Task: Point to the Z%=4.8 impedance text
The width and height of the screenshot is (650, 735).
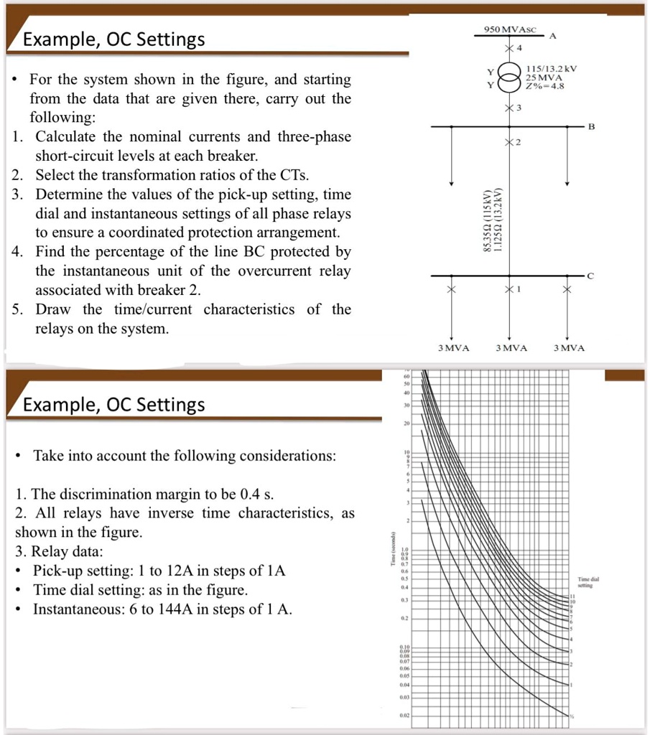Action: [545, 86]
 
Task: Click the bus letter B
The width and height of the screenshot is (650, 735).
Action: [591, 126]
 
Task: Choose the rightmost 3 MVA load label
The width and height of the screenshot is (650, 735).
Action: [569, 348]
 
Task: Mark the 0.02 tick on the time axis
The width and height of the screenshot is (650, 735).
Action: [405, 716]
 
